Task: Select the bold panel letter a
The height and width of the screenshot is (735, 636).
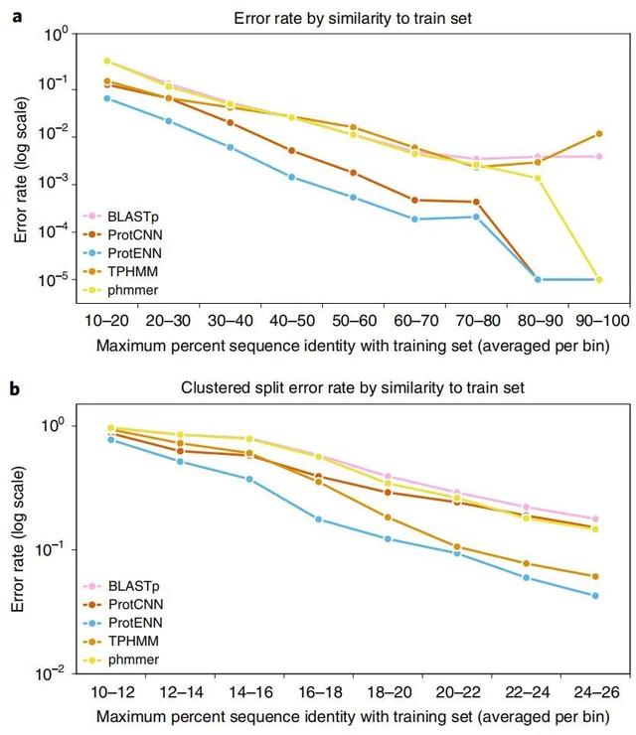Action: pyautogui.click(x=15, y=17)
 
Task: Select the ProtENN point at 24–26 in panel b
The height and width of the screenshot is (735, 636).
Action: pyautogui.click(x=594, y=596)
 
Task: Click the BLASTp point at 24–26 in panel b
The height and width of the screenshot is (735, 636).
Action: pyautogui.click(x=594, y=518)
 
